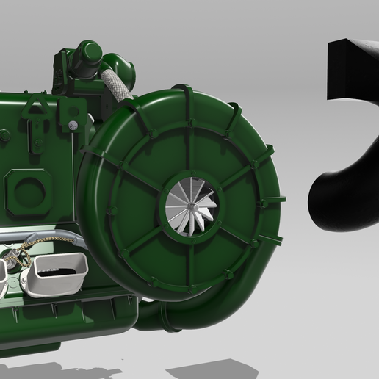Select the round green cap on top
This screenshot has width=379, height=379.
pos(89,53)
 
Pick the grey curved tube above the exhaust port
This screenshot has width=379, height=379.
pos(59,237)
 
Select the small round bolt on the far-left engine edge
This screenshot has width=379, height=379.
pos(5,135)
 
